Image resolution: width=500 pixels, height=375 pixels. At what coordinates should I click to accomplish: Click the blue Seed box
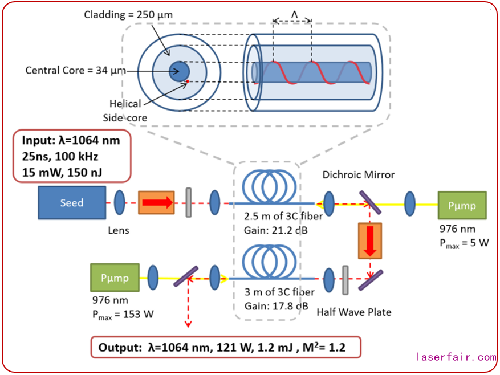(72, 203)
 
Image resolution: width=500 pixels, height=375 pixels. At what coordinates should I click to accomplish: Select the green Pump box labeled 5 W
(462, 205)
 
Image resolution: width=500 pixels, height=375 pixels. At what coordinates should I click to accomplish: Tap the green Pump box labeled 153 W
(115, 278)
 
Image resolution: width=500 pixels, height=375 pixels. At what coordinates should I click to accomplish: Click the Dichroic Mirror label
(358, 175)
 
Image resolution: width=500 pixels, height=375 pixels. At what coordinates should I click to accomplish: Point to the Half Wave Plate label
(354, 312)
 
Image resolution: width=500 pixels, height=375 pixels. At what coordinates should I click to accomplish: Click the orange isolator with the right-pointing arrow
(156, 203)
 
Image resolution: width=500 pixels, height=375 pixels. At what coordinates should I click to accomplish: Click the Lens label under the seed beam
(119, 231)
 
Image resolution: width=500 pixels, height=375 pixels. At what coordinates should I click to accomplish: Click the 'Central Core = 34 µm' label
(75, 71)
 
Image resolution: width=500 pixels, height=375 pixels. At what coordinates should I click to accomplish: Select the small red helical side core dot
(186, 83)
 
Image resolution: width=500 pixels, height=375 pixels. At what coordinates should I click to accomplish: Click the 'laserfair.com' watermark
(456, 357)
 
